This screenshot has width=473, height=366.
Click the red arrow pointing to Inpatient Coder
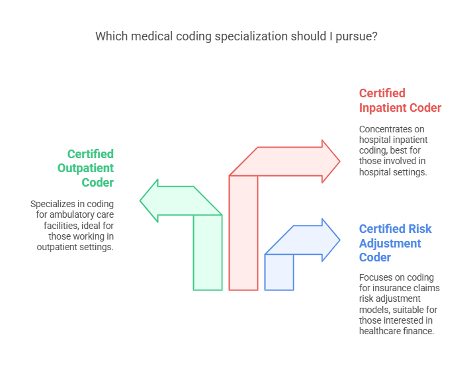point(243,225)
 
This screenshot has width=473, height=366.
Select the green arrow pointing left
point(207,245)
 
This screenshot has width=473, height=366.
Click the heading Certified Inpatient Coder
point(400,101)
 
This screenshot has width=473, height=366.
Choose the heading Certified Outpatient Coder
point(86,168)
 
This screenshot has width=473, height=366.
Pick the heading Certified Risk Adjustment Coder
point(395,243)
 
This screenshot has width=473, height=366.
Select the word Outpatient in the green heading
point(86,168)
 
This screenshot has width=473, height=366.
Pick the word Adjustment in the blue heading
point(390,243)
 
